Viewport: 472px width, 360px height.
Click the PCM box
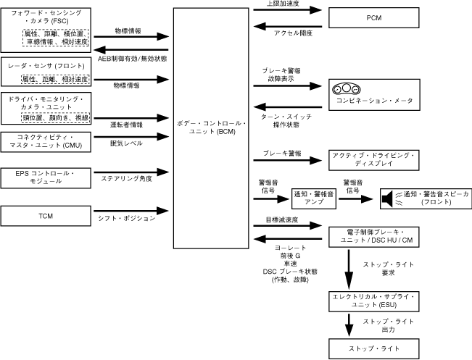click(374, 17)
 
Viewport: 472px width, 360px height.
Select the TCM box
click(45, 216)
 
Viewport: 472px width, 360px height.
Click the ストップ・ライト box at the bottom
click(373, 348)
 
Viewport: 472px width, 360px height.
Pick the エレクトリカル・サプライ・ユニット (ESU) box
click(373, 301)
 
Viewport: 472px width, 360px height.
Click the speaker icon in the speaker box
click(389, 196)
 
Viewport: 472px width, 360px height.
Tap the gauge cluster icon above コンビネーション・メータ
click(345, 89)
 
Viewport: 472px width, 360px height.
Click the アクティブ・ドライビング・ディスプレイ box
click(373, 160)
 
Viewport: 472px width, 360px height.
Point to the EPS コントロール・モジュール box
click(45, 176)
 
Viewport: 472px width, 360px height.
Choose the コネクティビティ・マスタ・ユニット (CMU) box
click(45, 141)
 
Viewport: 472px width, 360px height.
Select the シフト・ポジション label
click(128, 218)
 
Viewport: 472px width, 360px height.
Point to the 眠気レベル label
click(125, 143)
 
